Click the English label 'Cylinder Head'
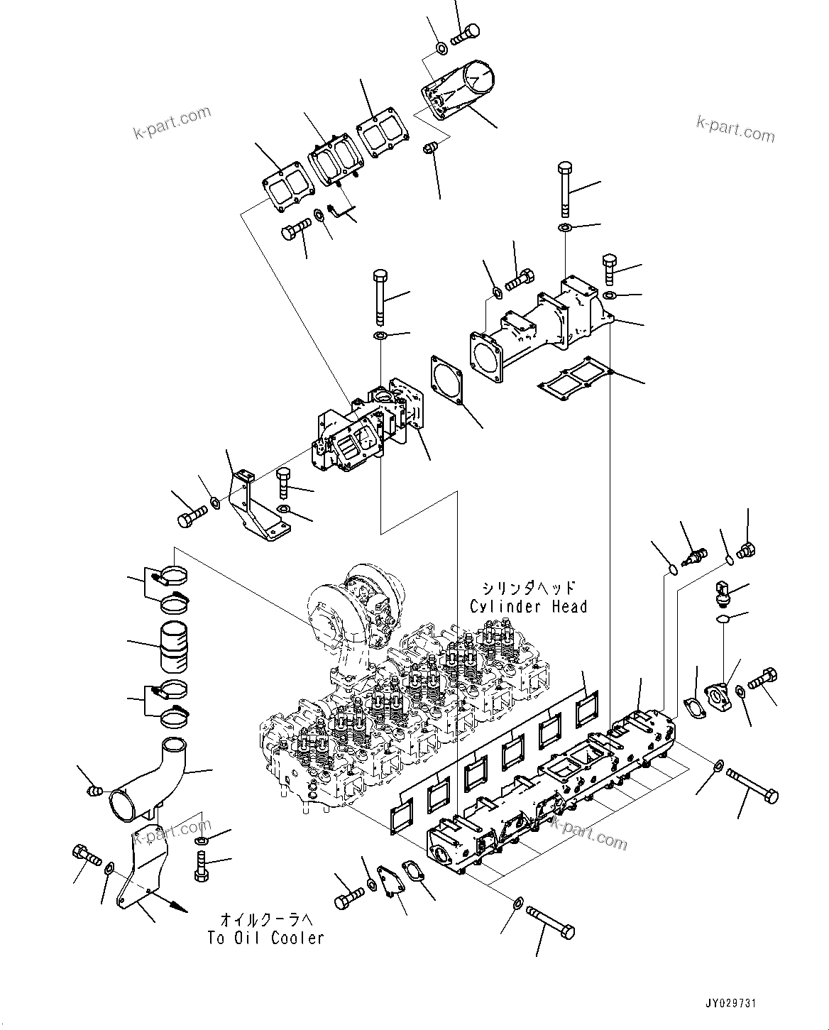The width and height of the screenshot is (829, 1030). tap(528, 607)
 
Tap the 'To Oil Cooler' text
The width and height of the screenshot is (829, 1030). tap(265, 938)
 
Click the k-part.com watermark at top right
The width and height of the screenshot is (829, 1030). tap(735, 128)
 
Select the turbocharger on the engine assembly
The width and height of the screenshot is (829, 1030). tap(355, 610)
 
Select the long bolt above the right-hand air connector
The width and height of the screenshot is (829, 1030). tap(564, 188)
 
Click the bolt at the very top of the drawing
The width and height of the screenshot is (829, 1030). tap(465, 32)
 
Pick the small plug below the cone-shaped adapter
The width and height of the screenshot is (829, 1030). tap(431, 148)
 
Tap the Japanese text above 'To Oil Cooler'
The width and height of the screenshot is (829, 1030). tap(265, 920)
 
